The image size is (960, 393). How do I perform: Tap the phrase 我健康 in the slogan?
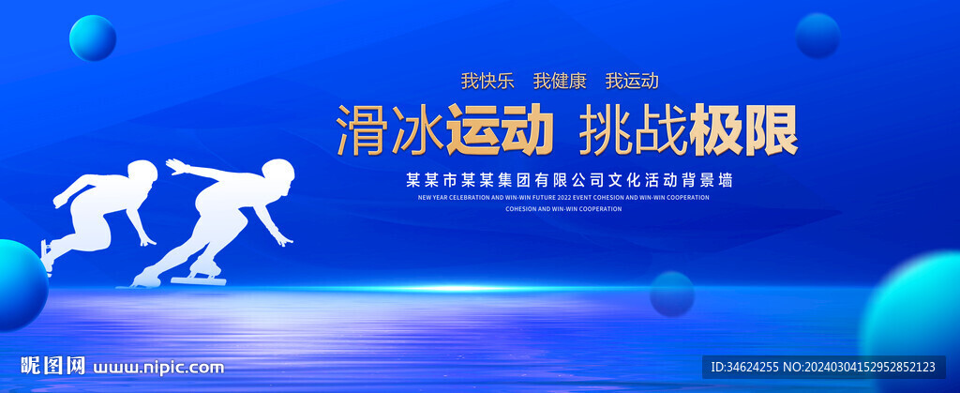click(561, 81)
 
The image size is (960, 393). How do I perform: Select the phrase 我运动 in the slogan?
click(632, 81)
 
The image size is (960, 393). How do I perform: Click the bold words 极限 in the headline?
click(743, 130)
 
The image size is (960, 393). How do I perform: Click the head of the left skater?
click(142, 174)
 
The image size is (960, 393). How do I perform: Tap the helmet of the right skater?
click(278, 174)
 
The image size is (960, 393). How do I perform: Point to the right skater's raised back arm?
click(192, 171)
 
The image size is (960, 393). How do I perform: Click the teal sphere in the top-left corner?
click(93, 38)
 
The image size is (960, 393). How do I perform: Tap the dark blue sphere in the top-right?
click(817, 36)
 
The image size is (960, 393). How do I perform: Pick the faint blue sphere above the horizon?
click(671, 293)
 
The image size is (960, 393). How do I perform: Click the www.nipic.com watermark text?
click(159, 367)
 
